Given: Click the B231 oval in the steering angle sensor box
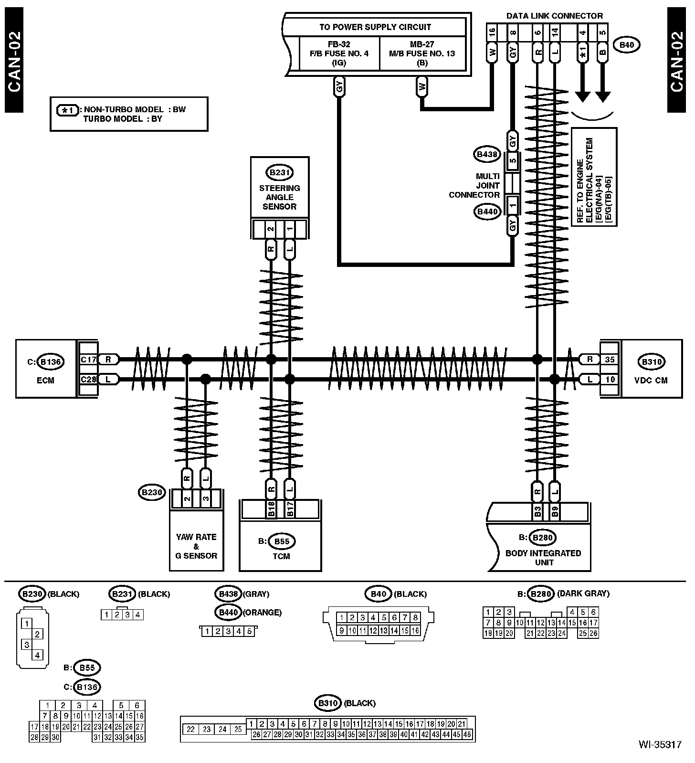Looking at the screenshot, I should (x=279, y=173).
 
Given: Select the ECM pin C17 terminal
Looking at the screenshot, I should (x=88, y=360).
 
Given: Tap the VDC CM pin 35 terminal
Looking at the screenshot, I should (x=610, y=360).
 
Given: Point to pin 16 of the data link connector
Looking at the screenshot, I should (x=492, y=33).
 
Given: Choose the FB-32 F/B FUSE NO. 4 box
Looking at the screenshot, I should (x=339, y=53).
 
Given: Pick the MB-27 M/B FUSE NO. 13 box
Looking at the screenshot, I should (x=422, y=53).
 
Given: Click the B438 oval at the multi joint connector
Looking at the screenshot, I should (x=487, y=155).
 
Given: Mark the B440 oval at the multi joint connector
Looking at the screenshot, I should (x=487, y=212).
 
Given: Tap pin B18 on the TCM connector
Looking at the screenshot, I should (x=271, y=509).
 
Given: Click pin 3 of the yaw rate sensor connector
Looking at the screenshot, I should (x=206, y=498).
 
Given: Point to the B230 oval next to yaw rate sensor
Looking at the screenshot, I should (x=152, y=493).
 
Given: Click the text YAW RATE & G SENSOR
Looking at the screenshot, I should (x=196, y=546).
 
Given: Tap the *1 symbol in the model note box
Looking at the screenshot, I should (x=68, y=110).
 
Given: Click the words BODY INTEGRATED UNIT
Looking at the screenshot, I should (x=543, y=558).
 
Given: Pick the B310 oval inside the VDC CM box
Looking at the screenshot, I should (x=652, y=362).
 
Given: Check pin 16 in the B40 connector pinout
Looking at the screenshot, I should (x=415, y=631).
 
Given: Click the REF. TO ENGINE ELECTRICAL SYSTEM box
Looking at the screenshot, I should (x=594, y=177).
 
